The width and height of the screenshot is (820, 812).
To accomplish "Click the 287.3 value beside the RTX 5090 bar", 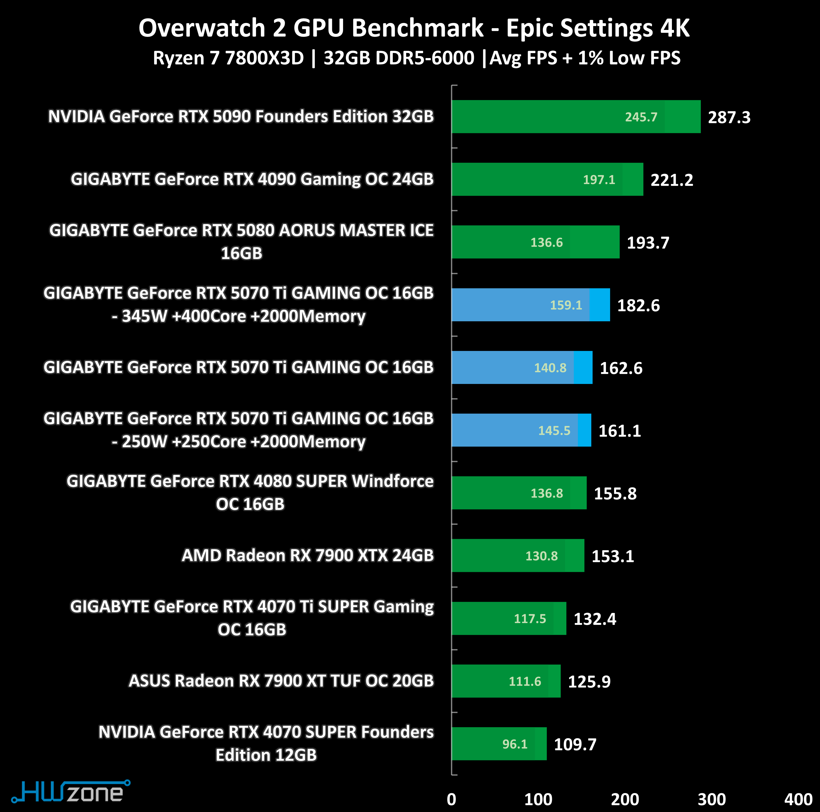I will [729, 117].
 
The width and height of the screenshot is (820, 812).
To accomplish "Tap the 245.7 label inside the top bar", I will [641, 117].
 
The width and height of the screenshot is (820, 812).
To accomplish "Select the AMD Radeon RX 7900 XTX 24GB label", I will [308, 555].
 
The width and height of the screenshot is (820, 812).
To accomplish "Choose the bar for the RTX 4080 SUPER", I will [519, 493].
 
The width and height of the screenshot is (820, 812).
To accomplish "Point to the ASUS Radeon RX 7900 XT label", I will [281, 681].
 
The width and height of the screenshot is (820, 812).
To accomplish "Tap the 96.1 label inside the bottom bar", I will [515, 744].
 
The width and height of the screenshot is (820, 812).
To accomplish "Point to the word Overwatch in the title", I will [202, 28].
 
